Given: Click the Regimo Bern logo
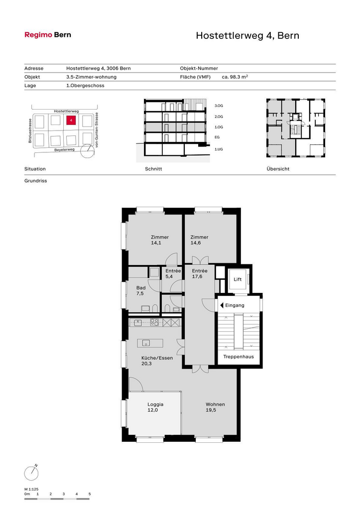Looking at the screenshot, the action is (x=48, y=35).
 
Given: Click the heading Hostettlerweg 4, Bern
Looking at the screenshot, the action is (x=247, y=35).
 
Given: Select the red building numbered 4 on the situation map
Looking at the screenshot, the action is (x=71, y=120).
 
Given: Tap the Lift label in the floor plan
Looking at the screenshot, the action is (x=238, y=279).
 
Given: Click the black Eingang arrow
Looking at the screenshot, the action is (x=222, y=305).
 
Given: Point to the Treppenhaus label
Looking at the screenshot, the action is (x=239, y=357).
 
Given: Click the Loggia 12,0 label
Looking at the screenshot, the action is (x=155, y=407).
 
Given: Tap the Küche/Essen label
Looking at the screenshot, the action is (x=157, y=358).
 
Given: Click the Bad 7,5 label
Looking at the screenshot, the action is (x=141, y=290).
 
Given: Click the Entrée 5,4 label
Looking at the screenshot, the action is (x=173, y=273).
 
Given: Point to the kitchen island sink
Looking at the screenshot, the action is (x=146, y=343).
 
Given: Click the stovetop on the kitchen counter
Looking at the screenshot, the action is (x=154, y=322).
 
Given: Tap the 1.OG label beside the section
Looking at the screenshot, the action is (x=219, y=127).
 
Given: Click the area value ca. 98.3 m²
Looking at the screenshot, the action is (x=235, y=77).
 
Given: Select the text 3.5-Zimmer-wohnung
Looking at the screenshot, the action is (x=92, y=77).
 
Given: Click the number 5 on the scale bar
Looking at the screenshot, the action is (x=90, y=494).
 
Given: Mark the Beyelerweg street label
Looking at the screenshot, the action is (x=64, y=150).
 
